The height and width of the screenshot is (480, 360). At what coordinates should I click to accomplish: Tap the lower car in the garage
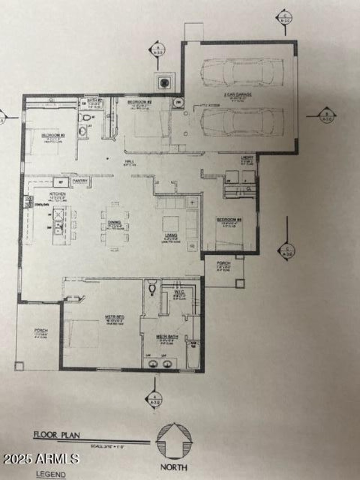coord(242,121)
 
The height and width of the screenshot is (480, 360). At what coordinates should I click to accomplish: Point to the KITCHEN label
coord(58,194)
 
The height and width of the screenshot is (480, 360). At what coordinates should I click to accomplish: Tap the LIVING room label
coord(171,235)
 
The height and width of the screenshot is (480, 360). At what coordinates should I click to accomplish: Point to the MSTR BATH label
coord(163,336)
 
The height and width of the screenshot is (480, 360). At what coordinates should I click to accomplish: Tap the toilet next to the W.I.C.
coord(152,287)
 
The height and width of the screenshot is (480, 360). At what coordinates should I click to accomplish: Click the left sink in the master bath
coord(152,363)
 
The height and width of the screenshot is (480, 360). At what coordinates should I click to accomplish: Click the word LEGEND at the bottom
coord(51,474)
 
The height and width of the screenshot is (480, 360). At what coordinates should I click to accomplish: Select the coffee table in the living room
coord(171,224)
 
